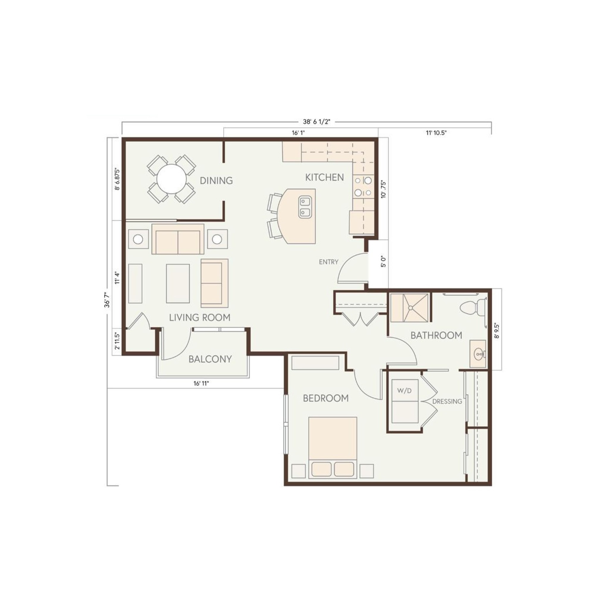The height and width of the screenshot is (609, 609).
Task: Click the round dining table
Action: tap(172, 179)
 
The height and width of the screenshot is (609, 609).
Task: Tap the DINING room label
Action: tap(216, 180)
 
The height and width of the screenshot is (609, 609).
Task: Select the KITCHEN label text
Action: tap(324, 178)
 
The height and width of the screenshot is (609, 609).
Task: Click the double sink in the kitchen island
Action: tap(305, 206)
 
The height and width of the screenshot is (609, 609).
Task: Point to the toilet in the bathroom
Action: tap(473, 308)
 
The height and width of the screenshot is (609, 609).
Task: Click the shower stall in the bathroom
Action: tap(409, 308)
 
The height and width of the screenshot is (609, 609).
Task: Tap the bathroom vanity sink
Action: tap(478, 354)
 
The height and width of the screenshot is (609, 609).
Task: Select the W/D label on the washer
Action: tap(404, 391)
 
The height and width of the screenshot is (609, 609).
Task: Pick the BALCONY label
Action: tap(210, 359)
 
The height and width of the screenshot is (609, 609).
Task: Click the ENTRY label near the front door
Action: tap(329, 262)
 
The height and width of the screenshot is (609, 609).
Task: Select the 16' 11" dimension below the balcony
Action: tap(201, 383)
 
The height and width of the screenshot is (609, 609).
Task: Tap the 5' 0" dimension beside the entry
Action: tap(383, 262)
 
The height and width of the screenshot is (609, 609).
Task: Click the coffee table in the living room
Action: tap(178, 284)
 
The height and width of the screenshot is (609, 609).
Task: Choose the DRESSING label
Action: tap(447, 401)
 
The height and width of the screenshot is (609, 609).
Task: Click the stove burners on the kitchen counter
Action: tap(363, 186)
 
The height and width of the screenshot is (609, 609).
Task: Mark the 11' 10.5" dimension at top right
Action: tap(436, 133)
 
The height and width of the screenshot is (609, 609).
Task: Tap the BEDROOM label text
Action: tap(326, 398)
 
